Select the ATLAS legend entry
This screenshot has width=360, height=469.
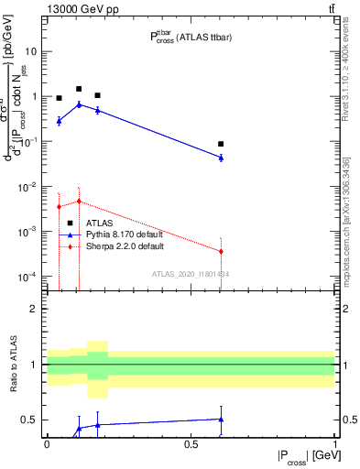pyautogui.click(x=99, y=223)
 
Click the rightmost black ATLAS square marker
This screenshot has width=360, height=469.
pyautogui.click(x=221, y=144)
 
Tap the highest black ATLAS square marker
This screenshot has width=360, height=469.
pyautogui.click(x=79, y=90)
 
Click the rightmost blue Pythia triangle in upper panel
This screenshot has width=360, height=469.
pyautogui.click(x=221, y=158)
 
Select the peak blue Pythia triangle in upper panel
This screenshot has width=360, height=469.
pyautogui.click(x=79, y=104)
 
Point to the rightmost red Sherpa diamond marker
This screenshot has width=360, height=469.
pyautogui.click(x=221, y=251)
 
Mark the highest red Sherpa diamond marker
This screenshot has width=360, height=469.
pyautogui.click(x=79, y=202)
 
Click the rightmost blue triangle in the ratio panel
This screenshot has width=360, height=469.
pyautogui.click(x=221, y=420)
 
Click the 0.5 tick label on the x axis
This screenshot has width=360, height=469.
pyautogui.click(x=191, y=443)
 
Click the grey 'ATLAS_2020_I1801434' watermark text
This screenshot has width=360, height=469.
pyautogui.click(x=190, y=274)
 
